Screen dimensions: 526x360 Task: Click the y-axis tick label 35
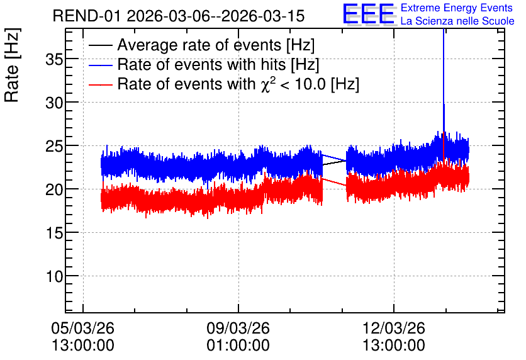tap(54, 59)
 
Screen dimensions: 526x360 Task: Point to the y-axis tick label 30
tap(54, 103)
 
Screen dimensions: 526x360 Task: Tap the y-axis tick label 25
tap(54, 146)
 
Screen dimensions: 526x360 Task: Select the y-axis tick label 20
tap(54, 189)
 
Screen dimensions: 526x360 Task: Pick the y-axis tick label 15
tap(54, 233)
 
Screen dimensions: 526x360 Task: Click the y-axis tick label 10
tap(54, 276)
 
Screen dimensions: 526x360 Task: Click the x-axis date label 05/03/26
tap(83, 328)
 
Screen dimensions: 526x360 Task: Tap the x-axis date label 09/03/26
tap(238, 328)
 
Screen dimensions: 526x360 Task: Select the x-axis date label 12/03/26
tap(394, 328)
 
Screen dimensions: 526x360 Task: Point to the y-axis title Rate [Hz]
tap(12, 65)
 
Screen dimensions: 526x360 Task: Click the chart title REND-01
tap(87, 16)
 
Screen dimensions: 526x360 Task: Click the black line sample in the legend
tap(100, 45)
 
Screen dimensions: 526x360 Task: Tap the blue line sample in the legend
tap(100, 65)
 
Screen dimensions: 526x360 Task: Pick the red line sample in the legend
tap(100, 84)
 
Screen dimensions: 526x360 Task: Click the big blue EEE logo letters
tap(369, 13)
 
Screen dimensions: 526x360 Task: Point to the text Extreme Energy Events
tap(457, 8)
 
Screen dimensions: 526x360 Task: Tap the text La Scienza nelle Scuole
tap(457, 21)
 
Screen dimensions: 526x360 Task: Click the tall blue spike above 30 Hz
tap(444, 81)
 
